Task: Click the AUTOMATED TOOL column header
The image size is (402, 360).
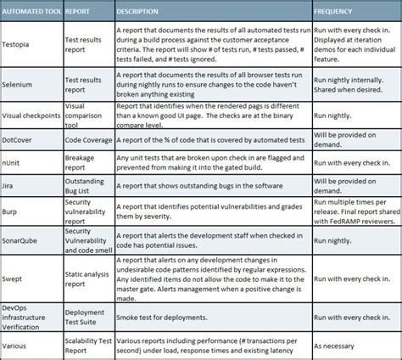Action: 32,13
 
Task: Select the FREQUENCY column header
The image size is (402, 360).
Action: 333,13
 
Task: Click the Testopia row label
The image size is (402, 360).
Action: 20,40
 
